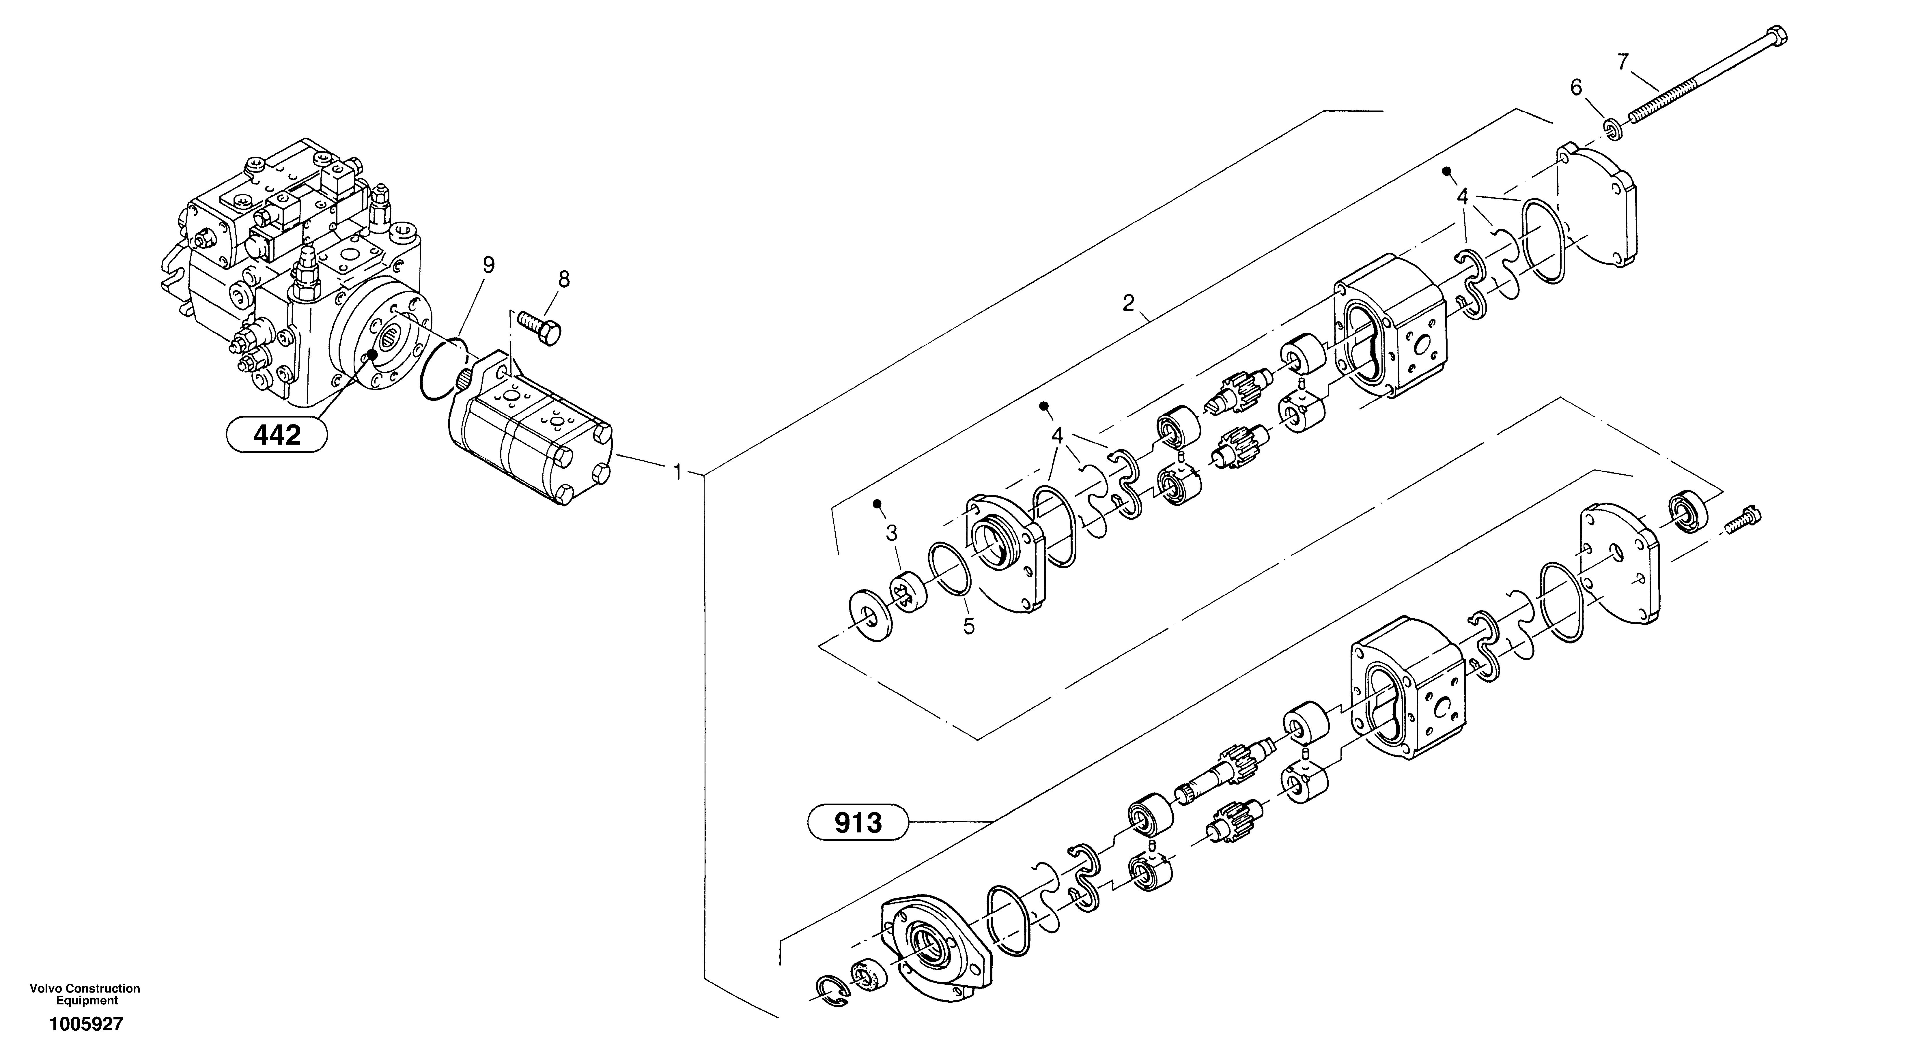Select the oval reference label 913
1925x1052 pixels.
pyautogui.click(x=858, y=823)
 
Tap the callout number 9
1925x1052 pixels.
pyautogui.click(x=488, y=265)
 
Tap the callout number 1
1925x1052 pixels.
pyautogui.click(x=677, y=472)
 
